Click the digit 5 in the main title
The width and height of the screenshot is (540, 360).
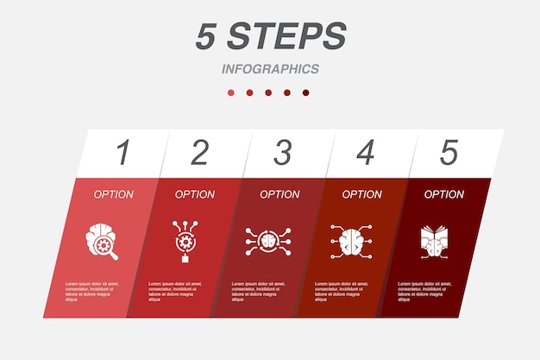[204, 36]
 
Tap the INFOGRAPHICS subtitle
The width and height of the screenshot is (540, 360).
[270, 69]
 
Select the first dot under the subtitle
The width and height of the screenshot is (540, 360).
[230, 92]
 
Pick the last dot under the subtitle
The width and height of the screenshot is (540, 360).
[305, 92]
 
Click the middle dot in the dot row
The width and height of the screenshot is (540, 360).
[268, 92]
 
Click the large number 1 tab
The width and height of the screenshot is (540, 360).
[122, 153]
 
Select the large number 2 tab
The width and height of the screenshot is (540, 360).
[199, 153]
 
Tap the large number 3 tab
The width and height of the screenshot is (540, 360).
[282, 153]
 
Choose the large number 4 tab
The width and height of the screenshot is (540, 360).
[365, 153]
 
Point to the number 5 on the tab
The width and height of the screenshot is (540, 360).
[449, 153]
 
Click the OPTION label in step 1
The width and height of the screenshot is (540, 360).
[113, 194]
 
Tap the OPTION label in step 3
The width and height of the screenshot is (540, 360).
[279, 194]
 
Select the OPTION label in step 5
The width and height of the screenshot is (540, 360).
[443, 194]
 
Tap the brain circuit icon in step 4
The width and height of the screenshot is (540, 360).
[349, 239]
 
